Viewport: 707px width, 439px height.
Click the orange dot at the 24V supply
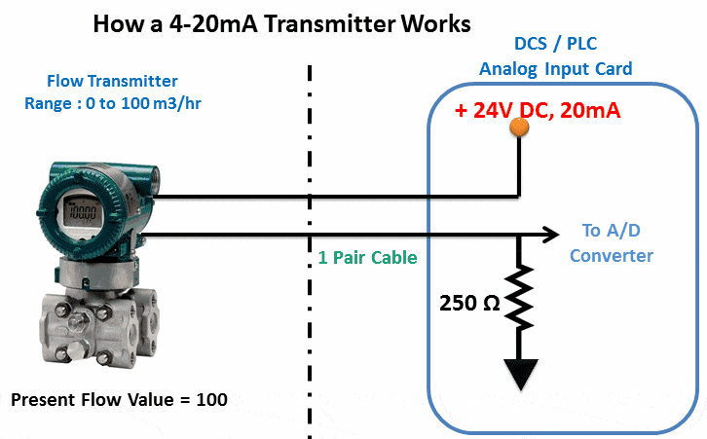[520, 127]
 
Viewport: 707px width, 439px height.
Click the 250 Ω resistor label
[468, 303]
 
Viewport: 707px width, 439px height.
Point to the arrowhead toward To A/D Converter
[551, 235]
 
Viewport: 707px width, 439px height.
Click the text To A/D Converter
[611, 243]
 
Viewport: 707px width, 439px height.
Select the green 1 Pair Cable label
[367, 258]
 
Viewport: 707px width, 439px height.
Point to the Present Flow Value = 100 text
[119, 399]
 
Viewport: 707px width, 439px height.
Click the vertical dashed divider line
[311, 243]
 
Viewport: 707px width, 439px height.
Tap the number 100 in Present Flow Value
[211, 399]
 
